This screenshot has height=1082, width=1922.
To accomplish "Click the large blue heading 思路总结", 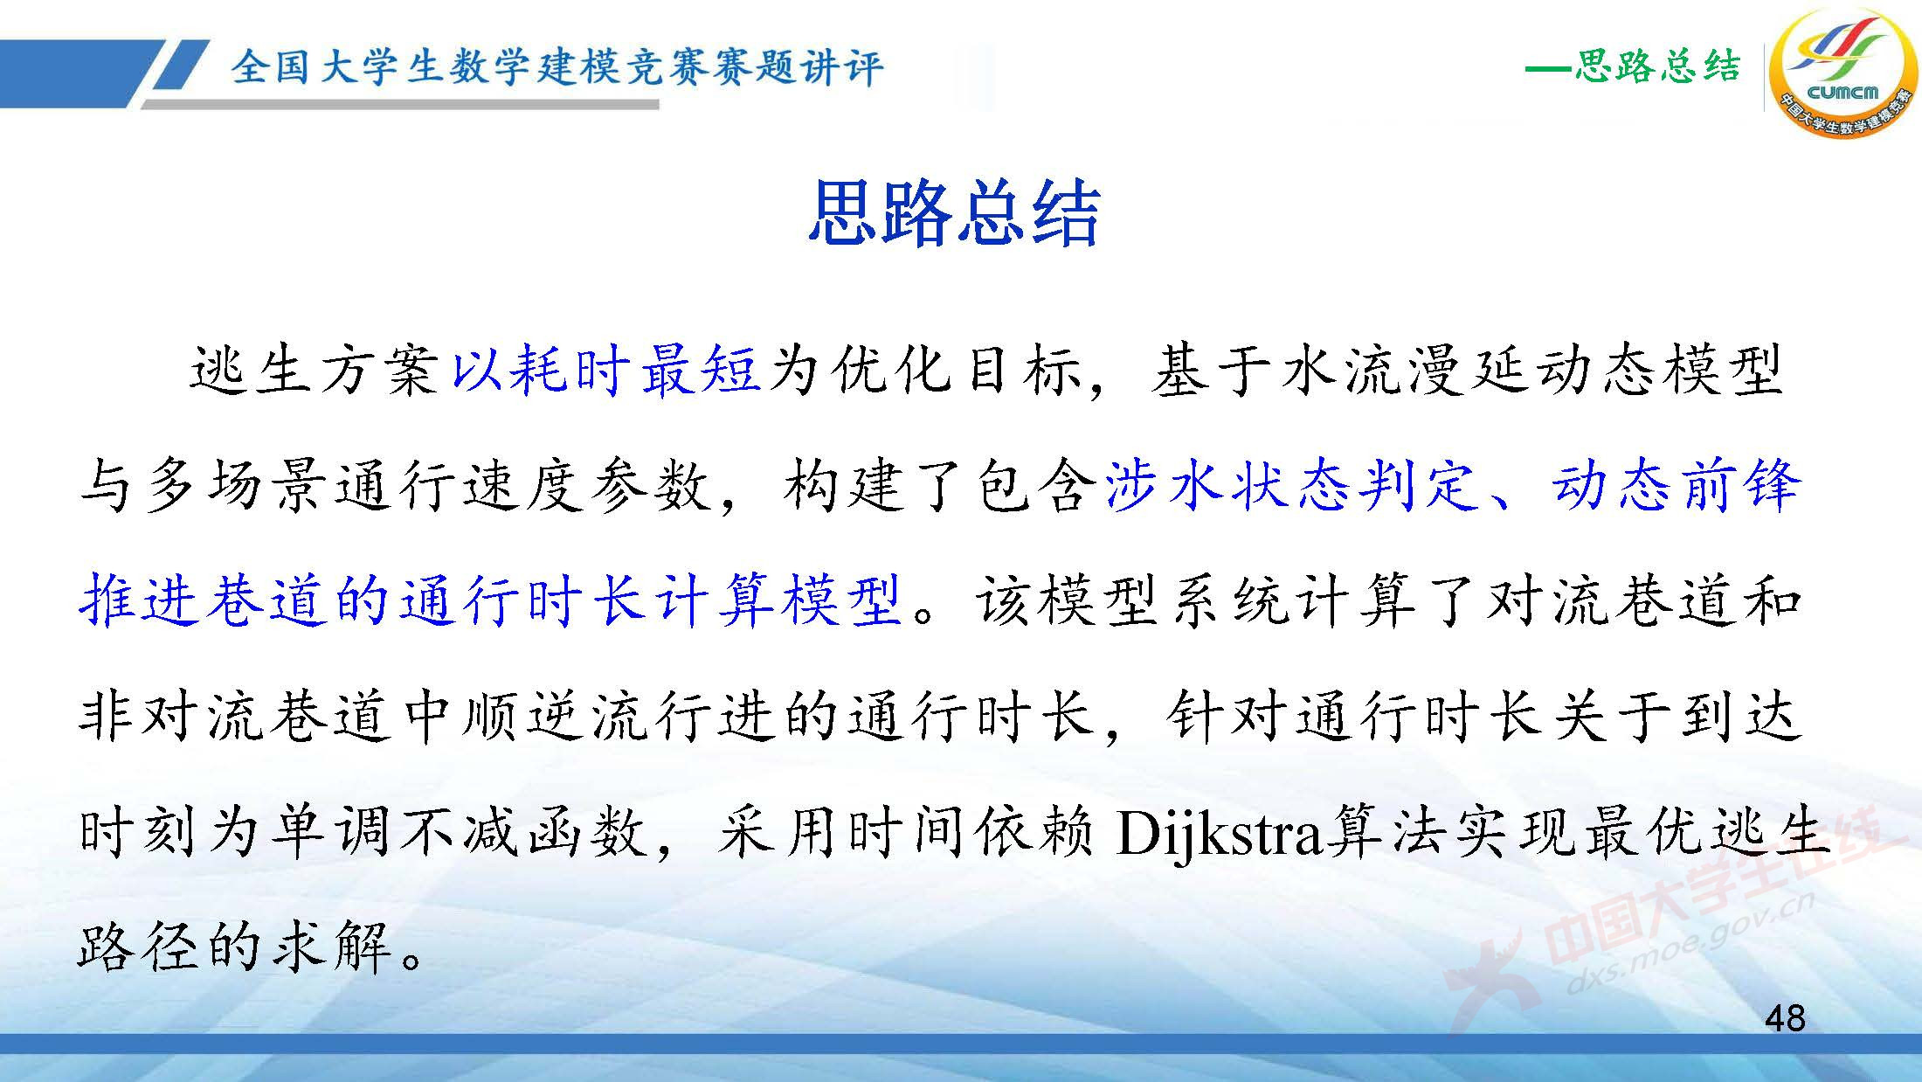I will coord(953,212).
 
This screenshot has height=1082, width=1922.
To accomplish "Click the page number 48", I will coord(1785,1018).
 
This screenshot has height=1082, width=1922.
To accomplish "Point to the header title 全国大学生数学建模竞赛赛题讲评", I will coord(557,68).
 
